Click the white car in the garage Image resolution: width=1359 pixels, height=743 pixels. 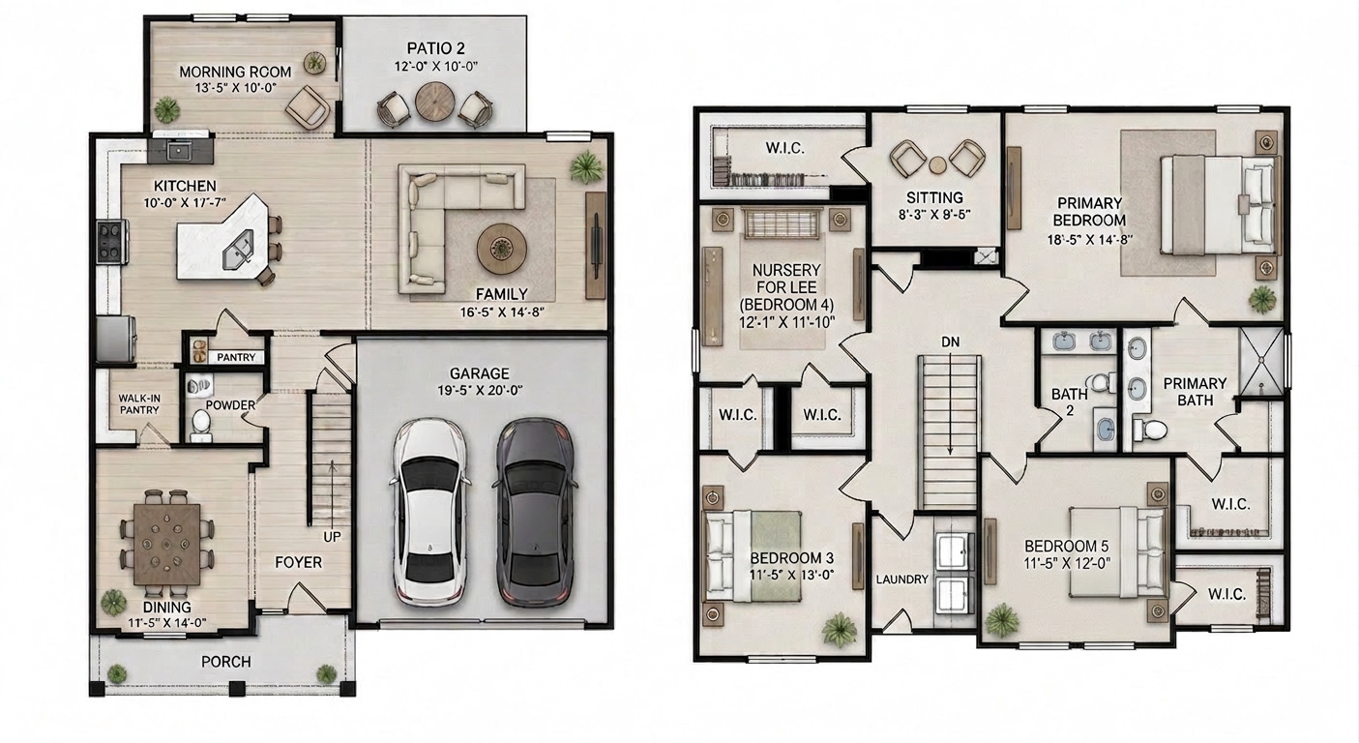click(x=429, y=513)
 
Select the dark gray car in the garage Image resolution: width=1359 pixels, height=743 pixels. click(x=534, y=513)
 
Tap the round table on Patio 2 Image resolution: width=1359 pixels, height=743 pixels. click(x=435, y=102)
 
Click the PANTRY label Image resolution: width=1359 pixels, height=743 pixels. click(x=236, y=357)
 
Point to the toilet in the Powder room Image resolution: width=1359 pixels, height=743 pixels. click(x=200, y=423)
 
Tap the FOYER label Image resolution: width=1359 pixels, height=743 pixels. click(x=298, y=563)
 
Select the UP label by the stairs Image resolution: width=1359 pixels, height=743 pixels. click(x=332, y=537)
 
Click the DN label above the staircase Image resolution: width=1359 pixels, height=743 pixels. click(x=950, y=342)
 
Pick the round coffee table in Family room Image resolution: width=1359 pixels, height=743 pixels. click(x=501, y=249)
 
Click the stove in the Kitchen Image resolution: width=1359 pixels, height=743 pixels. click(x=112, y=242)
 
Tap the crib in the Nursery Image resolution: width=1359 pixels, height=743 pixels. click(x=782, y=223)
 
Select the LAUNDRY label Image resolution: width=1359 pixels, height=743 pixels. click(x=901, y=580)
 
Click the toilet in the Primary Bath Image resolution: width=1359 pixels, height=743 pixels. click(x=1150, y=430)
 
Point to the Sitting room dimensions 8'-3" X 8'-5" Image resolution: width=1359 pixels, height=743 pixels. click(x=934, y=214)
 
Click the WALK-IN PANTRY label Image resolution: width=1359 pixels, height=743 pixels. click(x=139, y=404)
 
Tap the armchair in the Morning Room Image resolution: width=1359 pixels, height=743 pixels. click(x=308, y=107)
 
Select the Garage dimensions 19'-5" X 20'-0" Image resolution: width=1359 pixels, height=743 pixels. click(x=480, y=390)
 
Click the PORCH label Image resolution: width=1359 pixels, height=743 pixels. click(x=225, y=662)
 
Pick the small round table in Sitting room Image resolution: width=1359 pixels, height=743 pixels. click(x=937, y=164)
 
